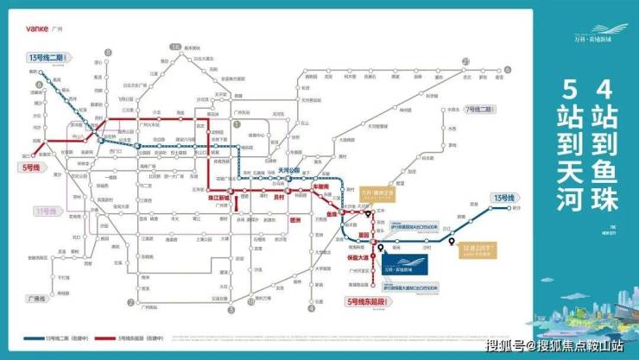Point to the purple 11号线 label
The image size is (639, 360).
[47, 210]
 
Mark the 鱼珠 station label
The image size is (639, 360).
[332, 213]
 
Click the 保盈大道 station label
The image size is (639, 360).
[357, 256]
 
